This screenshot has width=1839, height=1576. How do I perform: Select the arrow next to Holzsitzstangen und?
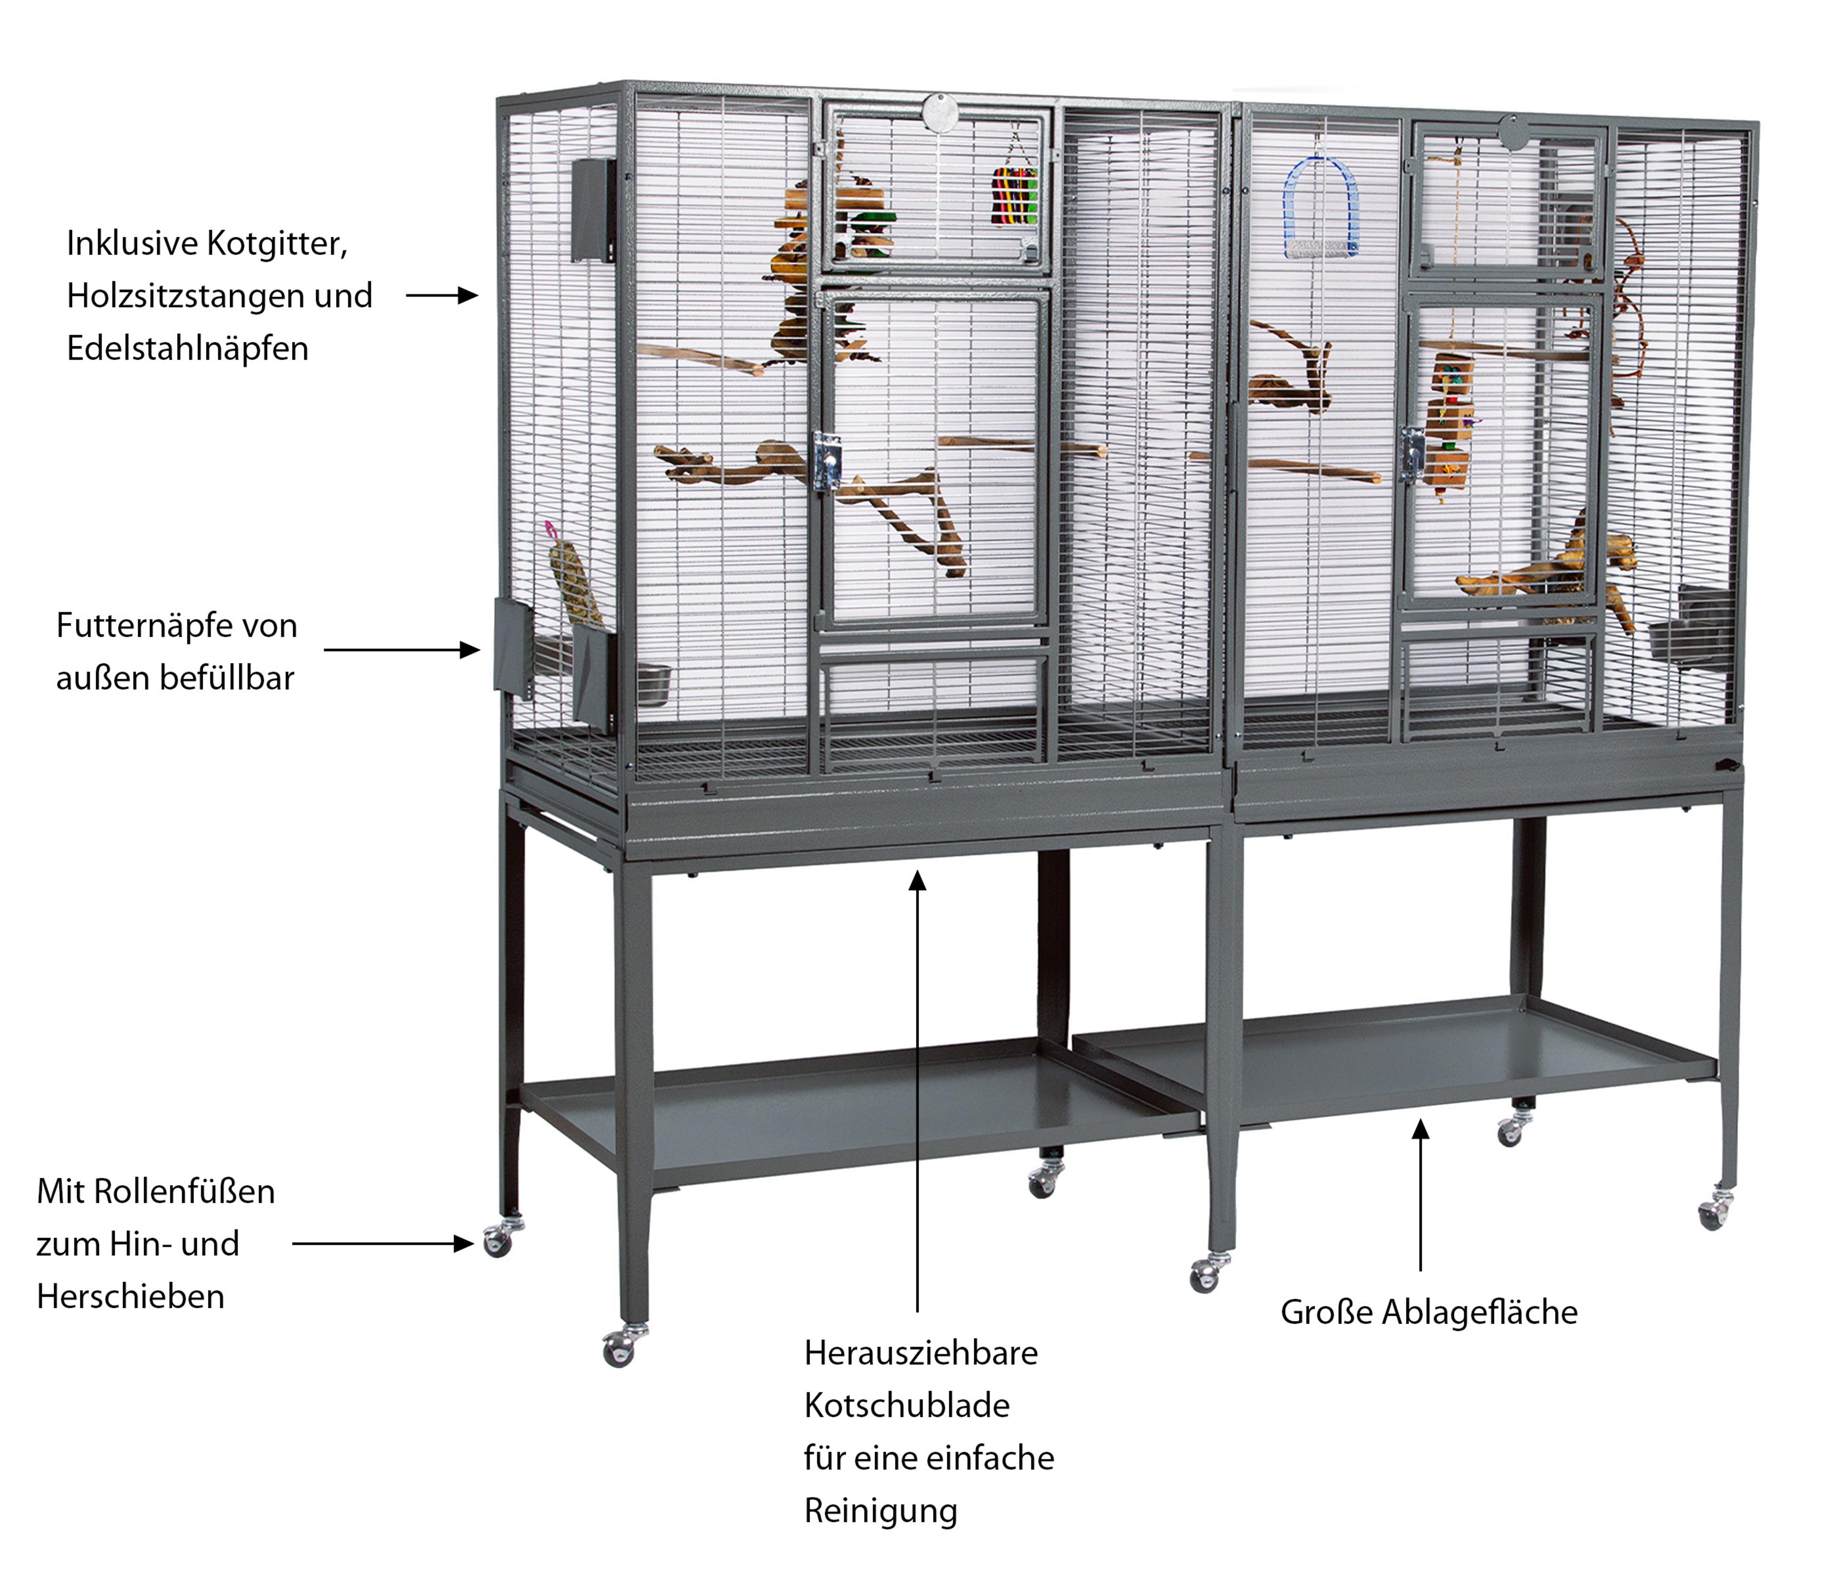coord(442,295)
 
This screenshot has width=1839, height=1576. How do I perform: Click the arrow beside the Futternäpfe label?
coord(402,649)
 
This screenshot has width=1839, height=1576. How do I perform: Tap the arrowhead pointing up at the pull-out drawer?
coord(918,880)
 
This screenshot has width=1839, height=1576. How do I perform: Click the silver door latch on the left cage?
coord(827,462)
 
